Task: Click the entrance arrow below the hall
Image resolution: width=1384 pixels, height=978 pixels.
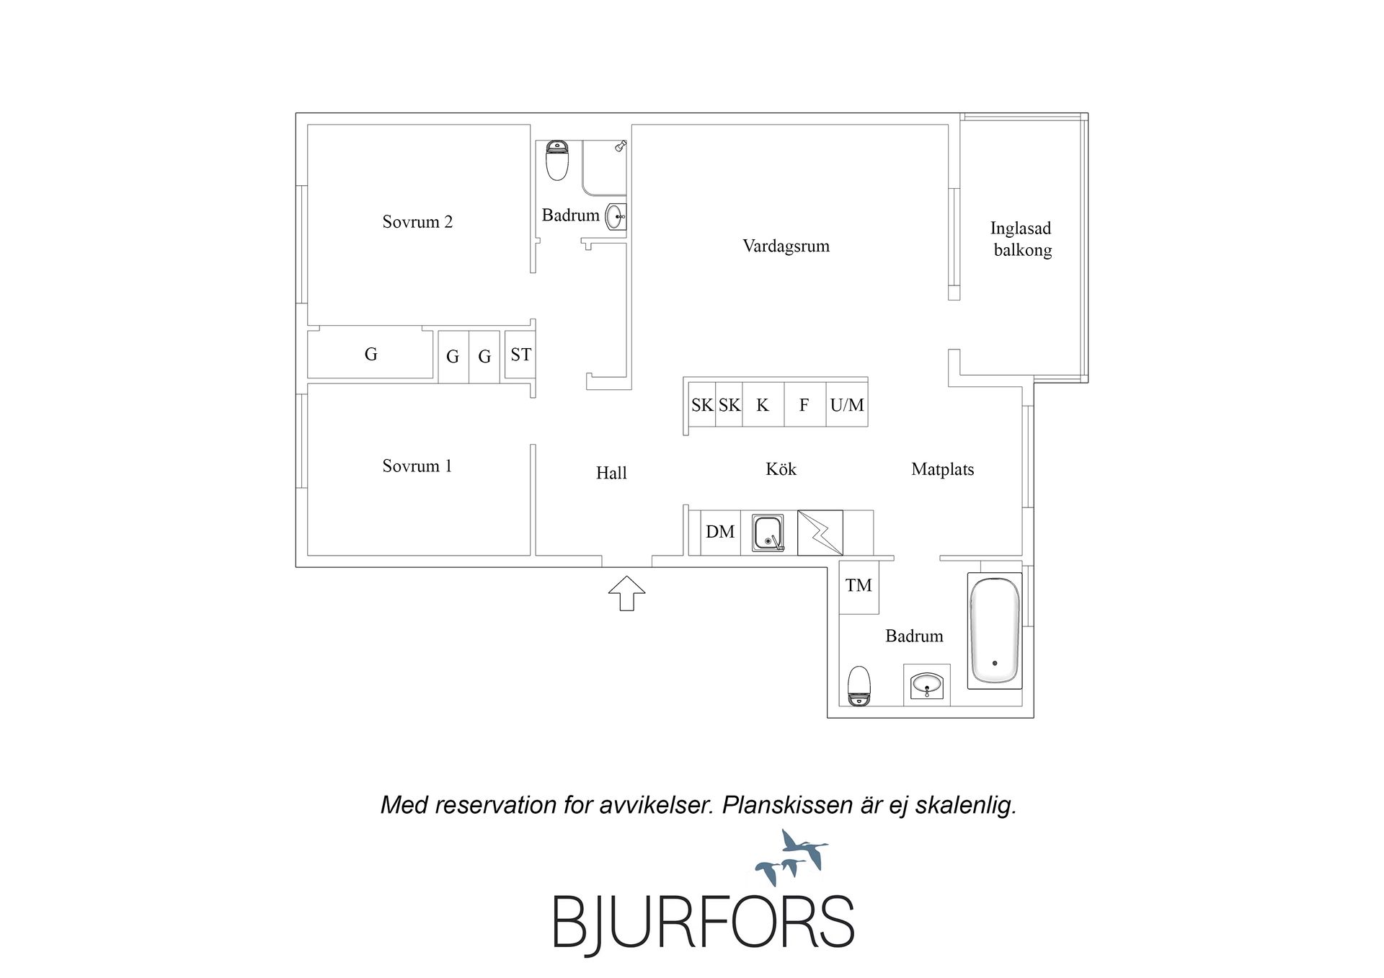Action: (626, 593)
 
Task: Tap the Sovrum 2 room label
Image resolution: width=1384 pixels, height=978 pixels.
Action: (417, 222)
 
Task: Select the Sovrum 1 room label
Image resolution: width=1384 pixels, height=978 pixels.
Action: (417, 466)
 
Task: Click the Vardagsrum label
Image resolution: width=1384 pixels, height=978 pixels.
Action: (786, 246)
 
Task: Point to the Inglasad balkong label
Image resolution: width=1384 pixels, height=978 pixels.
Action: (1021, 239)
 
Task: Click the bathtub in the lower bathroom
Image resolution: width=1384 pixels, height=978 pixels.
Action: (995, 631)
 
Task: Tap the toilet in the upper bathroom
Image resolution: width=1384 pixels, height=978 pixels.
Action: (557, 160)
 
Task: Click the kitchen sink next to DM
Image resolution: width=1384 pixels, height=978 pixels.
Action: (768, 533)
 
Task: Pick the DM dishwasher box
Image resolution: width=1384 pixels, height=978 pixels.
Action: (720, 533)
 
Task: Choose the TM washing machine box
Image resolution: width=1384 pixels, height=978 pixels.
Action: (859, 586)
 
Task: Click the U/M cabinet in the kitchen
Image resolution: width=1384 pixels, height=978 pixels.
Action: (847, 405)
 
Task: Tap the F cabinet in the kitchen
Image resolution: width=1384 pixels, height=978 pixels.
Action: (804, 405)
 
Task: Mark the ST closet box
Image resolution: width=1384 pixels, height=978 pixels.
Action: (520, 355)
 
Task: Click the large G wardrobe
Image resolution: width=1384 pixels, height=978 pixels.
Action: (371, 354)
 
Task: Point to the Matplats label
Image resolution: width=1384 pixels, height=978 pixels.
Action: (942, 470)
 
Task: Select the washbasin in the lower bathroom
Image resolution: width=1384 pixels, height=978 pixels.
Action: (926, 685)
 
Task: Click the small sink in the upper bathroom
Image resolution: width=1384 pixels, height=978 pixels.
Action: (616, 216)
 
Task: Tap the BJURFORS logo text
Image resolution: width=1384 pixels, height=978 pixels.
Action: (704, 922)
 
